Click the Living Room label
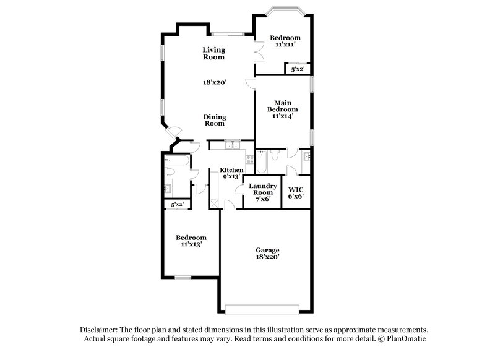[214, 53]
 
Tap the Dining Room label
[215, 120]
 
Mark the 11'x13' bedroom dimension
[191, 245]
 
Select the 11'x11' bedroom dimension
[285, 45]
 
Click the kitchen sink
[232, 146]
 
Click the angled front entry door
[174, 132]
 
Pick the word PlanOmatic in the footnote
[407, 339]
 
